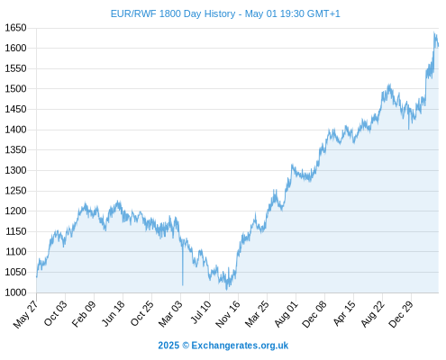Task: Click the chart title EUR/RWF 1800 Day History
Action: click(x=173, y=13)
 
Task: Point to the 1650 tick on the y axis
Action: click(x=15, y=28)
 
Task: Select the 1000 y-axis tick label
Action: click(x=15, y=292)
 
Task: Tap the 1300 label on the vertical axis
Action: click(x=15, y=170)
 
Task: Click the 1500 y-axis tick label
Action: click(x=15, y=89)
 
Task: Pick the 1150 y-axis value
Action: click(x=15, y=231)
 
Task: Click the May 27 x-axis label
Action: click(x=26, y=314)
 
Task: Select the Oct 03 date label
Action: click(x=55, y=313)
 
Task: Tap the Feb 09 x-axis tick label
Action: click(x=84, y=313)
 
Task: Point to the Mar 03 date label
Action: click(x=170, y=313)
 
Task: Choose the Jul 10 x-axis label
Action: click(x=201, y=312)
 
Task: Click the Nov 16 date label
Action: click(x=228, y=314)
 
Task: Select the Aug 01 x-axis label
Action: click(x=286, y=313)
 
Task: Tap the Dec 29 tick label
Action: click(x=401, y=314)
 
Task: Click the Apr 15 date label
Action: click(x=344, y=313)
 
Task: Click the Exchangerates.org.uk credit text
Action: click(x=240, y=346)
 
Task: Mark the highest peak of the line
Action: click(x=434, y=32)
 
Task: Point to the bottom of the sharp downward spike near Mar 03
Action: click(x=182, y=285)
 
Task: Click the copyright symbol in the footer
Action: click(x=186, y=346)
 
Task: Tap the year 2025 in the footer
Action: click(x=168, y=346)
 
